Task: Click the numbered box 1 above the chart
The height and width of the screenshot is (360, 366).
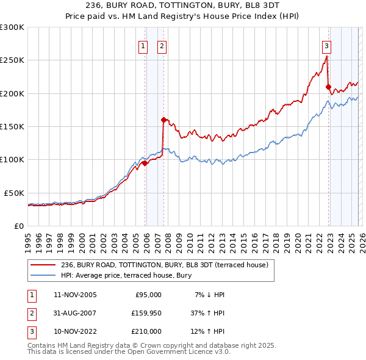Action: (143, 45)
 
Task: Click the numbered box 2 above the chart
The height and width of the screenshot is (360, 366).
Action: (162, 45)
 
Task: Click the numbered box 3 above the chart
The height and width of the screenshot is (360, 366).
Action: (327, 45)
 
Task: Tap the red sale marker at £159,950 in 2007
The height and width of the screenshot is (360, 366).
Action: (163, 120)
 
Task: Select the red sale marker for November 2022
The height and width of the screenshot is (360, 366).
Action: (328, 87)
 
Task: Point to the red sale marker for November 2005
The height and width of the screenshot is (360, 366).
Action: (145, 163)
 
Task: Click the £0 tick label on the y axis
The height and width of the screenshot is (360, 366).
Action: (18, 226)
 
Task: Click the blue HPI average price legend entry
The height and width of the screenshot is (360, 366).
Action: (126, 276)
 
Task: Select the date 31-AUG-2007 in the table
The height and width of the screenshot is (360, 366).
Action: (79, 313)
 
